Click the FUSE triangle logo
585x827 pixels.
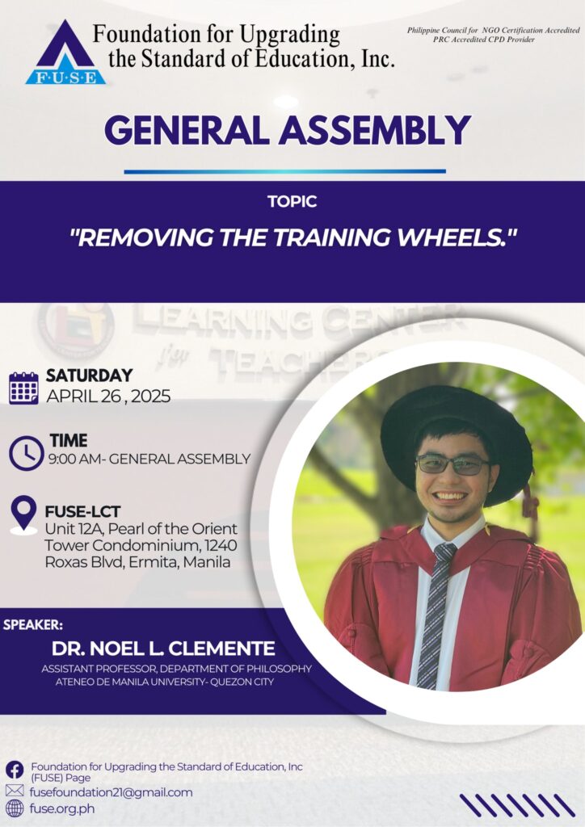pos(65,52)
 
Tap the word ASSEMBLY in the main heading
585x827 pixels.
pos(375,130)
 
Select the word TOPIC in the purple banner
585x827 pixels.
pos(292,201)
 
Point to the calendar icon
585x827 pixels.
pos(23,388)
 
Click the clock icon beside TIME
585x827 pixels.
pos(27,453)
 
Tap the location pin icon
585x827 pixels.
pos(23,514)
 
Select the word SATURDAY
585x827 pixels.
pos(89,376)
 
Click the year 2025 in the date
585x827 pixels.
pos(151,396)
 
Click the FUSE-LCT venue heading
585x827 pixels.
pos(82,511)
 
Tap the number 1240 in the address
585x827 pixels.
pos(221,545)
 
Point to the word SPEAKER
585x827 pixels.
pos(32,625)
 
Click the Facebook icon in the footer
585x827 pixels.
pos(15,770)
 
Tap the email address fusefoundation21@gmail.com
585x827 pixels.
pos(111,792)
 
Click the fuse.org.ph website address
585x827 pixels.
pos(62,808)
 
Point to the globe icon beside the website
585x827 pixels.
pos(15,808)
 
